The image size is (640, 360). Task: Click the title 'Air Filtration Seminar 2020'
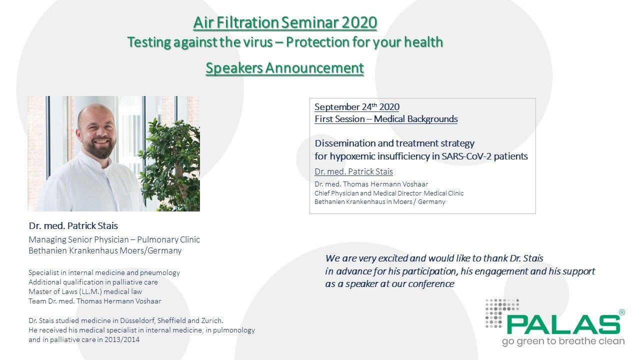click(x=285, y=22)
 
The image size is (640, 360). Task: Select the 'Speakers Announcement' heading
click(x=284, y=68)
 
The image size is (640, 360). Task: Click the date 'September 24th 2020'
click(x=357, y=107)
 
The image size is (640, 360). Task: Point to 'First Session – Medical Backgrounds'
click(x=386, y=119)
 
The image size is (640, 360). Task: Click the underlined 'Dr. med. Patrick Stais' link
click(x=353, y=171)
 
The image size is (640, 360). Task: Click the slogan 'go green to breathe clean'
click(x=563, y=341)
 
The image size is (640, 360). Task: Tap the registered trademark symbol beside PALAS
click(x=621, y=312)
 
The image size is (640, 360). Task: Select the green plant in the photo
click(x=172, y=160)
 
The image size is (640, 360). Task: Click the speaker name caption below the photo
click(x=73, y=225)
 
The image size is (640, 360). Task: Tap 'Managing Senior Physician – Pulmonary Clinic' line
click(x=114, y=239)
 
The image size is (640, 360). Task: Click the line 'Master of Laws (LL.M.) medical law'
click(x=85, y=291)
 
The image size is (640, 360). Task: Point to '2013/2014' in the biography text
click(x=123, y=339)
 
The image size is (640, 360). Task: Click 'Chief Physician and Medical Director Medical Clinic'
click(x=389, y=193)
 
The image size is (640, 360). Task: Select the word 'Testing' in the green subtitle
click(x=148, y=42)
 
